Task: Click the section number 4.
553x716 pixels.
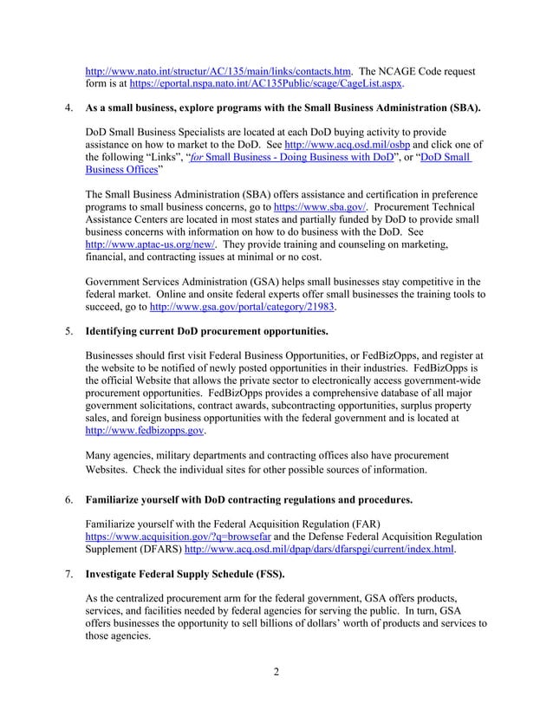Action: click(x=69, y=111)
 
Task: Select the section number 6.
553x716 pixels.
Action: click(x=69, y=500)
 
